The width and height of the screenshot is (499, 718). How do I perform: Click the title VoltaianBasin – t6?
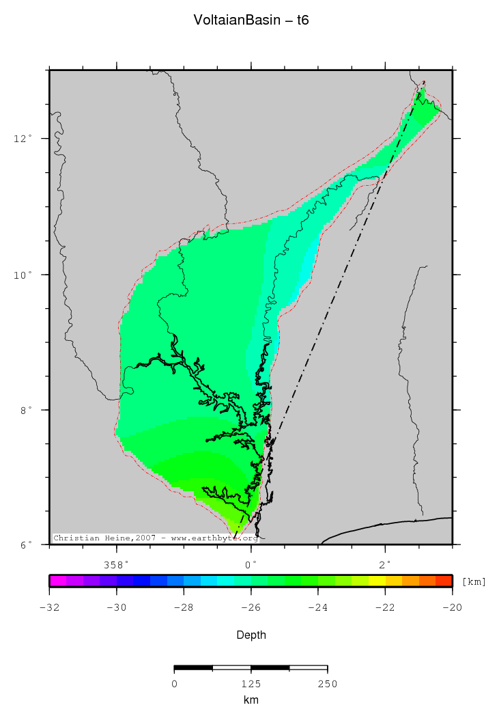click(x=251, y=20)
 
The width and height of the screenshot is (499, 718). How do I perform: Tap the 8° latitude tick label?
click(x=25, y=410)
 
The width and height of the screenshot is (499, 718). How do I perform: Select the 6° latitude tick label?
click(x=25, y=544)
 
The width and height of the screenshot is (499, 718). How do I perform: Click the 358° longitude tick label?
click(x=116, y=565)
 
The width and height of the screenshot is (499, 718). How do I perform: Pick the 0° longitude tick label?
click(x=251, y=565)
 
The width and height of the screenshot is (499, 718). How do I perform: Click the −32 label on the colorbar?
click(x=49, y=607)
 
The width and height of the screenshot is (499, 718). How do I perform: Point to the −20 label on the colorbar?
click(x=453, y=607)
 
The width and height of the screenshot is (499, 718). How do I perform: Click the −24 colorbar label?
click(x=318, y=607)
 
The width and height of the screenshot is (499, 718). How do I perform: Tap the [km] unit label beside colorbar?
click(x=474, y=581)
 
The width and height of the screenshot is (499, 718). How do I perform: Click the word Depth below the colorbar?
click(x=251, y=635)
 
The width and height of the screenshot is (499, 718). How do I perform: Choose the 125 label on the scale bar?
click(x=251, y=684)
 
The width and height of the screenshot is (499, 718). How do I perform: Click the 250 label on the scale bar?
click(x=328, y=684)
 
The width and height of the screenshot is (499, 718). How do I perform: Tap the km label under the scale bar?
click(x=251, y=700)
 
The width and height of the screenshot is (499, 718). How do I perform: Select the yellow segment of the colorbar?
click(x=377, y=581)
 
